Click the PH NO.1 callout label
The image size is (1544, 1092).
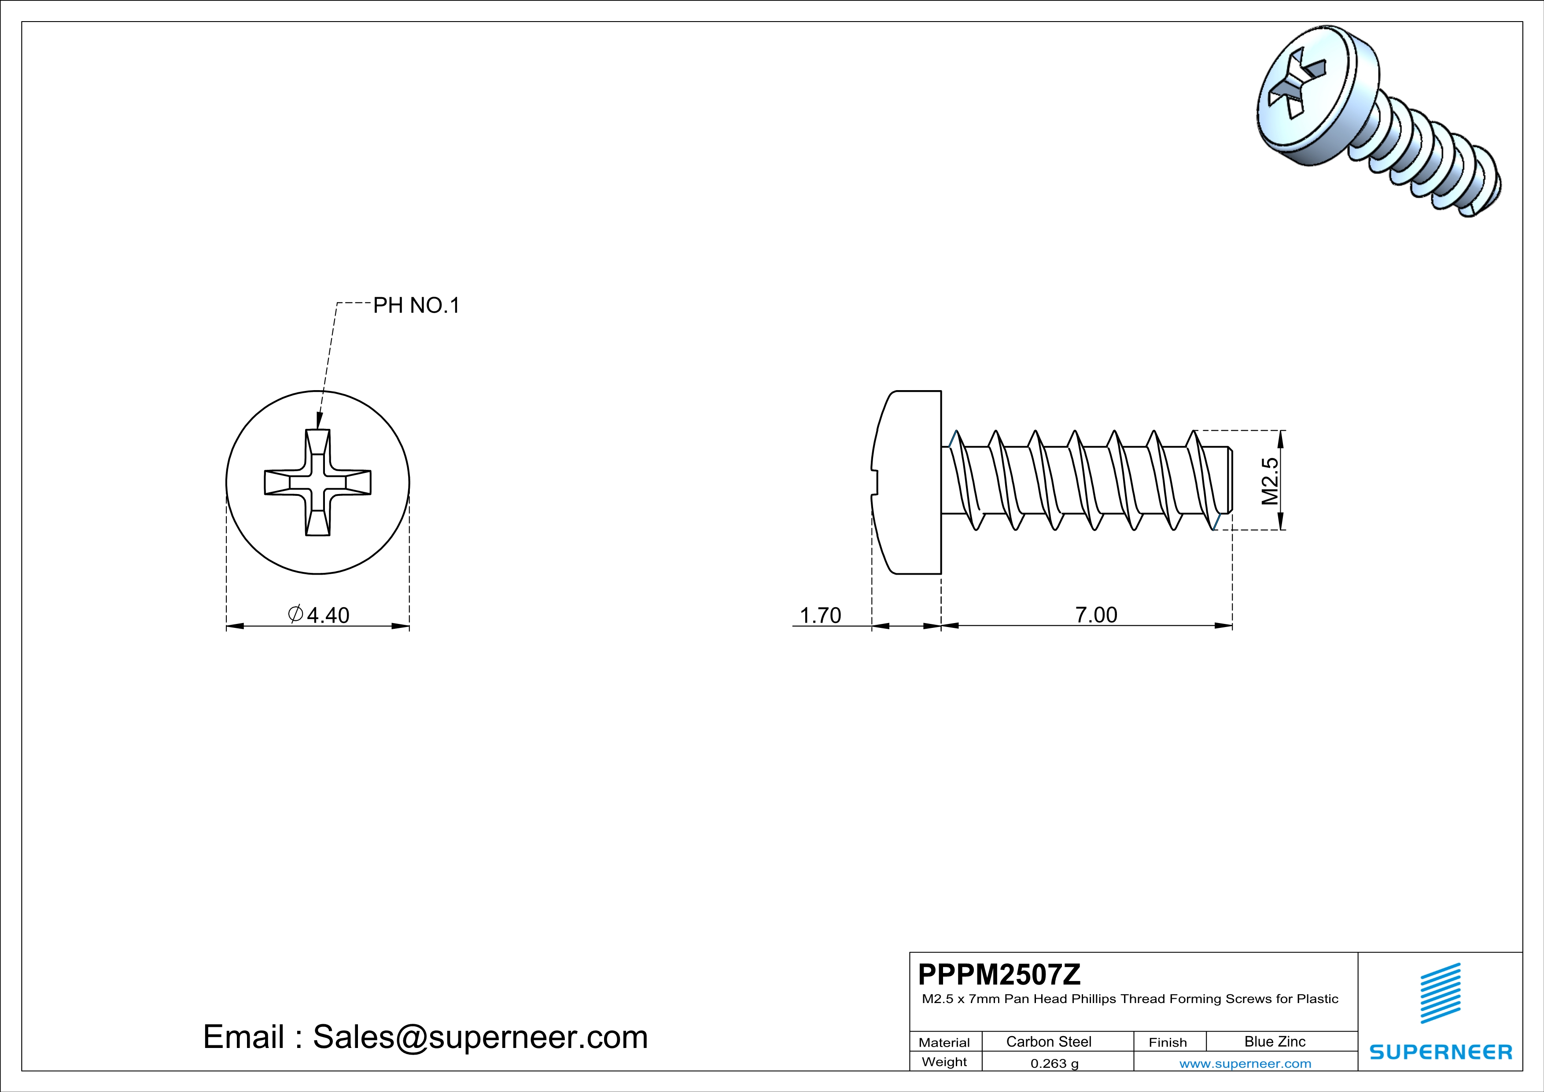(416, 306)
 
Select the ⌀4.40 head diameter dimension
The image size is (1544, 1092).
(319, 615)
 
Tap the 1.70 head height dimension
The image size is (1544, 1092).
(820, 615)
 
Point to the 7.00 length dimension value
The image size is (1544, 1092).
(1096, 615)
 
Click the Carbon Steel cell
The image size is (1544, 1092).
(1048, 1041)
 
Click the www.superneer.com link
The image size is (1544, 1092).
(1245, 1063)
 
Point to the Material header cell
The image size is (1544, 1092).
(944, 1042)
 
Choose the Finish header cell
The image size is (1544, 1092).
(1168, 1042)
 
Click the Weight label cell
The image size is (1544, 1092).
(944, 1062)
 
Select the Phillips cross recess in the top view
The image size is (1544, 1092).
(317, 482)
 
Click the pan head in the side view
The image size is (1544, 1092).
(908, 482)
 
